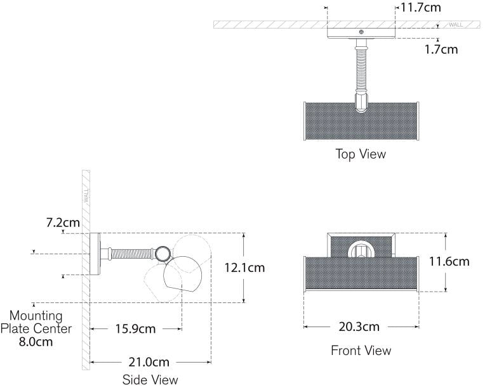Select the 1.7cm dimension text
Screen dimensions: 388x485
(x=441, y=49)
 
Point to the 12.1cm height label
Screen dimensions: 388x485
(x=244, y=268)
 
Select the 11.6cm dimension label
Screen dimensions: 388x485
(x=448, y=261)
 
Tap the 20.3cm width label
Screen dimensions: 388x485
(x=360, y=327)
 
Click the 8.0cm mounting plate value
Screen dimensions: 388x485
(x=36, y=342)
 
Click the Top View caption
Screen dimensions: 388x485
(x=361, y=154)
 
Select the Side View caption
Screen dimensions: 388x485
(x=150, y=380)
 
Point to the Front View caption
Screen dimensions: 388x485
(x=361, y=350)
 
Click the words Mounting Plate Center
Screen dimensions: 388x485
(x=36, y=322)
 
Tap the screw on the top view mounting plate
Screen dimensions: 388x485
(x=361, y=32)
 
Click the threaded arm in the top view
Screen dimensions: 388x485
(x=361, y=70)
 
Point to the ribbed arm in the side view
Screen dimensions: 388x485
(x=132, y=254)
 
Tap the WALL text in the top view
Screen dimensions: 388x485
(x=456, y=25)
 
